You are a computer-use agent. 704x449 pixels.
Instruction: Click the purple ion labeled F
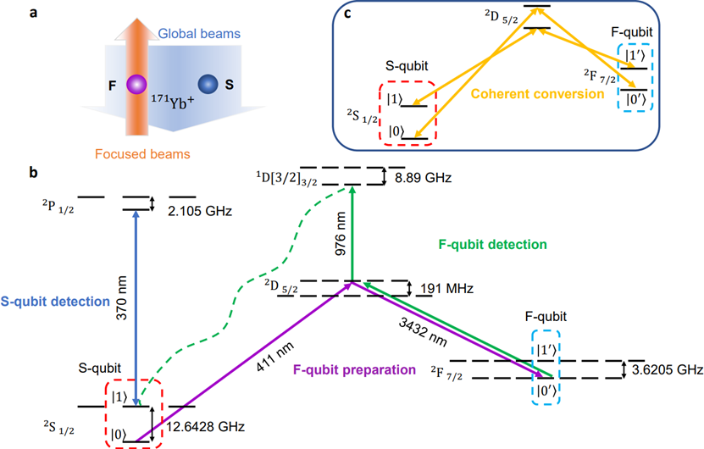tap(133, 85)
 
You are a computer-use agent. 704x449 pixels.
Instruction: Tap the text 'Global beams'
tap(198, 36)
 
